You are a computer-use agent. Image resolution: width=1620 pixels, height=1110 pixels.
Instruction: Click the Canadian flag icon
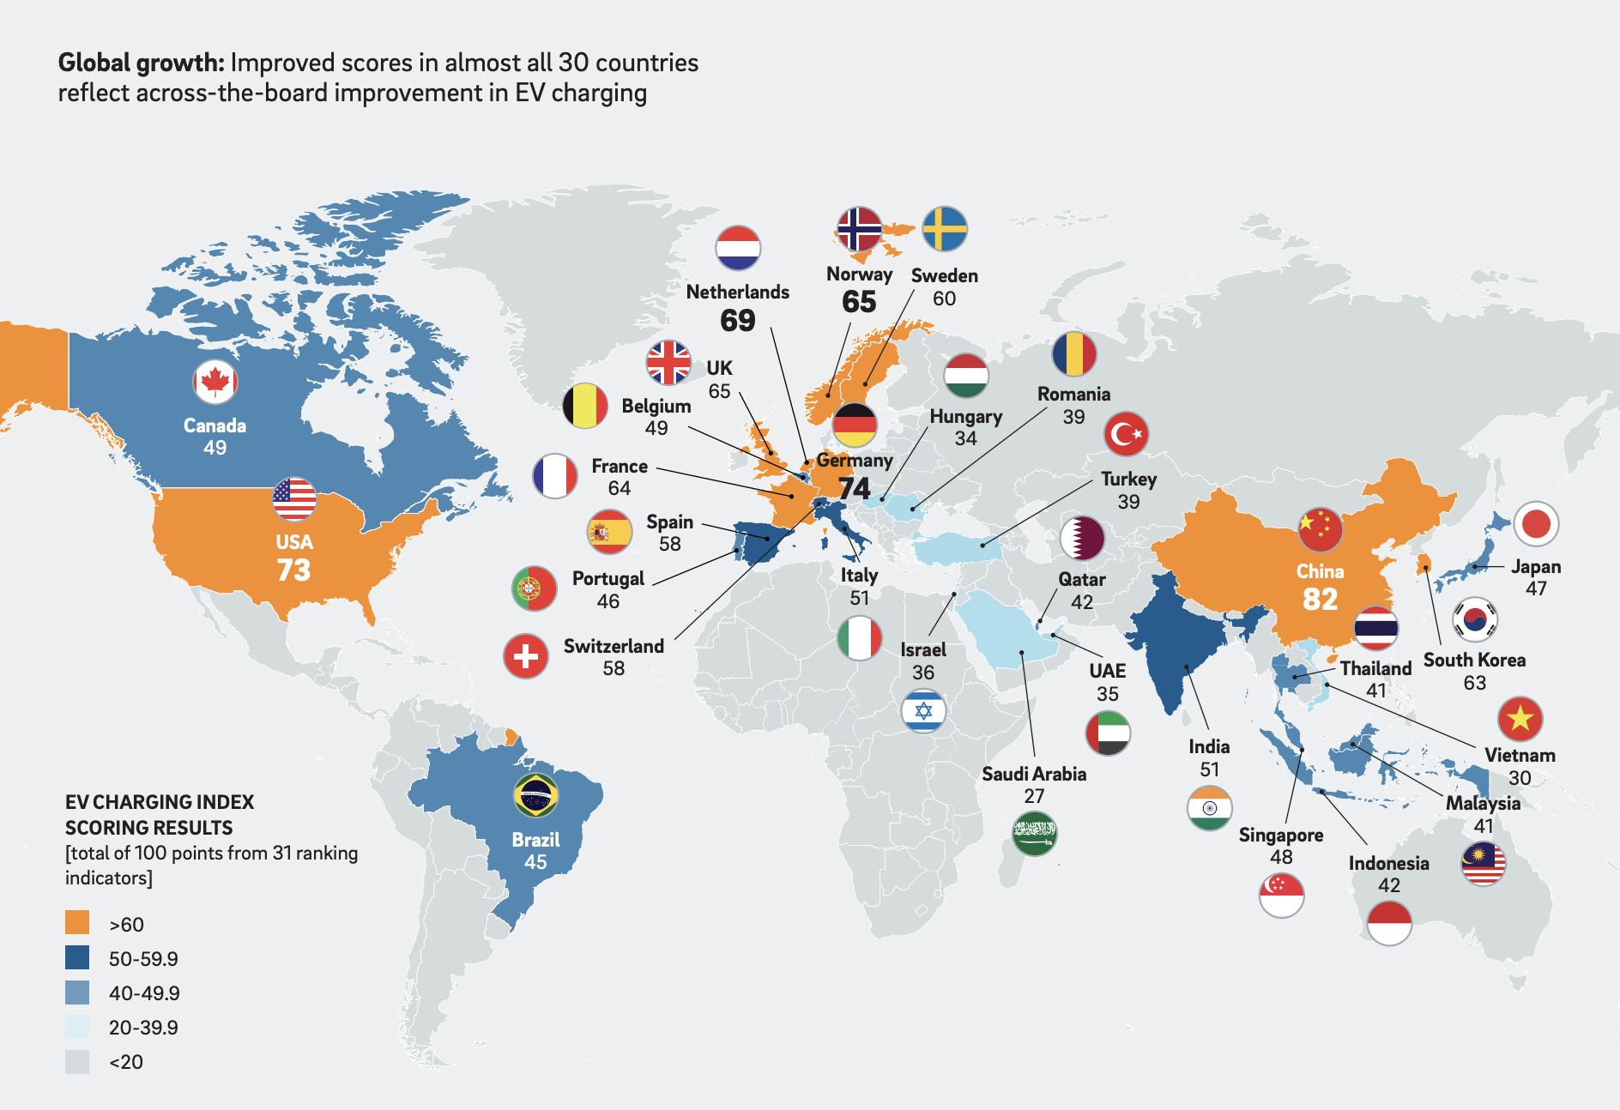(215, 382)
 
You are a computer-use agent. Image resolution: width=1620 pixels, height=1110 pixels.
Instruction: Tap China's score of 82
(1320, 599)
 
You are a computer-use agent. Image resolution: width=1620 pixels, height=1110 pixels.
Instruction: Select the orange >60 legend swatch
(77, 923)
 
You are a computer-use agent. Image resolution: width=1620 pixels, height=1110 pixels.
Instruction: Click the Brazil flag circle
(536, 795)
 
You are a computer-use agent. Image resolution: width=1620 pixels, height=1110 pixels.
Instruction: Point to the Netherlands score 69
(738, 320)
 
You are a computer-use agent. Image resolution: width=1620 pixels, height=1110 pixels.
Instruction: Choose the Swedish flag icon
(945, 229)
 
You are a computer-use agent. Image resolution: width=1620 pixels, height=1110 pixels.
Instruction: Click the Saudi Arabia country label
(1034, 774)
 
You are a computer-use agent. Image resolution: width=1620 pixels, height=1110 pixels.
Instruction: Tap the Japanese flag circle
(1536, 524)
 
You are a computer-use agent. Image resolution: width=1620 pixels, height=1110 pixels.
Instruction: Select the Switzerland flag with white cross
(526, 656)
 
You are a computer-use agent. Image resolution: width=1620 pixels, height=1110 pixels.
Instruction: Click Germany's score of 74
(855, 488)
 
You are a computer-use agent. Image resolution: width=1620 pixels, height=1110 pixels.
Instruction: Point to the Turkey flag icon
(1126, 434)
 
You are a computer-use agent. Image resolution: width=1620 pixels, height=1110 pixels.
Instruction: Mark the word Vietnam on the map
(1520, 755)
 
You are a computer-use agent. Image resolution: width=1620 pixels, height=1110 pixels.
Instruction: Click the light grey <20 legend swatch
(77, 1062)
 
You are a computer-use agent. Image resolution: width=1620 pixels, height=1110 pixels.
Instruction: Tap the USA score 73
(293, 570)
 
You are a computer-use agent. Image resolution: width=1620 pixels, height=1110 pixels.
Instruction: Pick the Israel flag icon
(923, 710)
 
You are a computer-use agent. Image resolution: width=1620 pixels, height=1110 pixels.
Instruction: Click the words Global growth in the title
(141, 63)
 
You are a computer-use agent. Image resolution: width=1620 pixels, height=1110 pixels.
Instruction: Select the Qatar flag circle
(1082, 538)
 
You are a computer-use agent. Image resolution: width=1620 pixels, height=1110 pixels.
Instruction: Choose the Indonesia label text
(1388, 863)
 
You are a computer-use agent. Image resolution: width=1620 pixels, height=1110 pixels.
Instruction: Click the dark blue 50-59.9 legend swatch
(77, 957)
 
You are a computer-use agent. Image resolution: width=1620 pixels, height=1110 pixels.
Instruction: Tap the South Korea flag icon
(1475, 619)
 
